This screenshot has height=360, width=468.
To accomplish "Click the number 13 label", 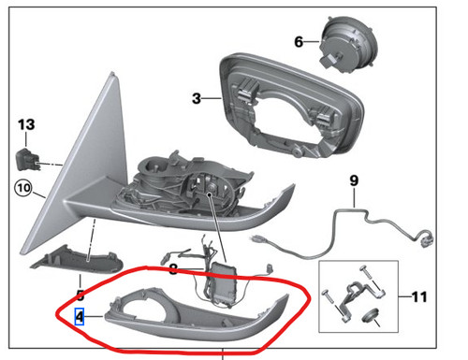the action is tap(25, 124).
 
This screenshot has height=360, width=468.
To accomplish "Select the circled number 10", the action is tap(22, 190).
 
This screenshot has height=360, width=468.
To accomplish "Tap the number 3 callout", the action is tap(196, 97).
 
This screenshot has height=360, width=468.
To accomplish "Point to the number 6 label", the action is tap(299, 42).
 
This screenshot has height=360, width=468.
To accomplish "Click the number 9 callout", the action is tap(355, 180).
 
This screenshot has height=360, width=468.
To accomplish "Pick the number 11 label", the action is tap(417, 296).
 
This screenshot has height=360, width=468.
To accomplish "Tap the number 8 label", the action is tap(173, 268).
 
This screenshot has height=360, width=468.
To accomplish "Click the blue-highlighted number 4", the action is tap(80, 316).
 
